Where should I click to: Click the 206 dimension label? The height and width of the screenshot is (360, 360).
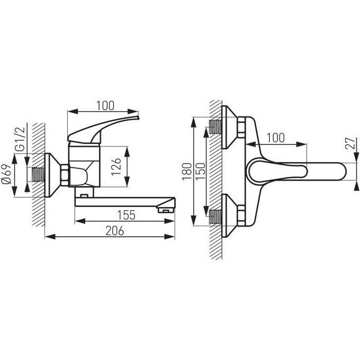(114, 231)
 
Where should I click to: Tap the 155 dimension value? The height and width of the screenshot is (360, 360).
(127, 215)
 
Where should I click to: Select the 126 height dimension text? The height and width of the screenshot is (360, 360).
(116, 167)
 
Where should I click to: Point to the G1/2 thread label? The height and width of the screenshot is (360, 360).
(19, 139)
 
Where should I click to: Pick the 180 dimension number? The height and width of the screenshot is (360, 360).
(187, 172)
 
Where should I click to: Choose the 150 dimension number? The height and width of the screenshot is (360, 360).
(201, 172)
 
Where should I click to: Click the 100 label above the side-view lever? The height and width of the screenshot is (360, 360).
(105, 105)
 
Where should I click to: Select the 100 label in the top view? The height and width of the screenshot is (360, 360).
(275, 138)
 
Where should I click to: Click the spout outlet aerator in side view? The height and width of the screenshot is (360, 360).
(165, 210)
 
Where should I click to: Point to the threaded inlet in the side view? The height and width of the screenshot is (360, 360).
(38, 174)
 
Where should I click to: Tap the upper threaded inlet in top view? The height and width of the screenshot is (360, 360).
(215, 127)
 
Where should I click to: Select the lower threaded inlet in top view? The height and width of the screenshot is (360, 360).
(215, 217)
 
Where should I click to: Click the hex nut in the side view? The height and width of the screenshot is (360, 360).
(65, 175)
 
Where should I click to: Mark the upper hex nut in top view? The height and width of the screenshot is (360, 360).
(241, 127)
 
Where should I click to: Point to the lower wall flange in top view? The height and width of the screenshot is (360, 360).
(229, 215)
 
